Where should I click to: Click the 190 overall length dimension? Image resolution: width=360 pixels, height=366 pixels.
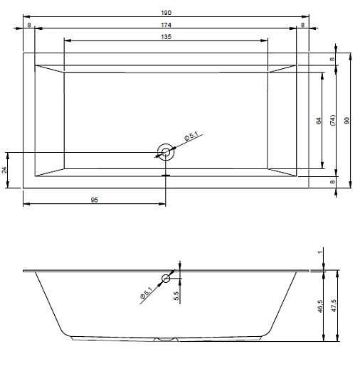coord(166,13)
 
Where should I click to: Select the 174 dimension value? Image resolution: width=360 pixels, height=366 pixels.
coord(166,25)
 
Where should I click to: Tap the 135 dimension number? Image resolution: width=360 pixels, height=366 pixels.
coord(166,37)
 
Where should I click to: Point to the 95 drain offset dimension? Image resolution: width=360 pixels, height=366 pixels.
coord(95,200)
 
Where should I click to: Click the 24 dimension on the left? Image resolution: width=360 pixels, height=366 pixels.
coord(4,170)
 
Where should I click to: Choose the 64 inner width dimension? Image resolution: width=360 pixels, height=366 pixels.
coord(319,121)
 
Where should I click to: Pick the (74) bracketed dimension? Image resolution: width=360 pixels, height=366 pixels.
coord(332,120)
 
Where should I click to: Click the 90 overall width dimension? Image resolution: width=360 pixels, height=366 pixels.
coord(346,121)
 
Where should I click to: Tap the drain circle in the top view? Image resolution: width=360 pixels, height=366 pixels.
coord(166,152)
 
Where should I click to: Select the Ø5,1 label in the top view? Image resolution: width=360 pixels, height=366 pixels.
coord(191,136)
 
